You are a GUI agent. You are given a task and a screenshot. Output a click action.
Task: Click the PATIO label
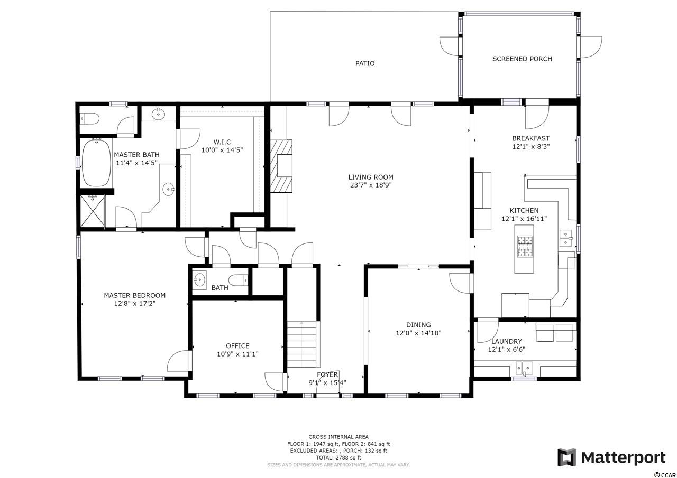click(x=365, y=63)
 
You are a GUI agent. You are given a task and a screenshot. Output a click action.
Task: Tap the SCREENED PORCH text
click(x=522, y=59)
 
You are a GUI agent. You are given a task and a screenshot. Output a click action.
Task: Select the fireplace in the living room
click(x=281, y=166)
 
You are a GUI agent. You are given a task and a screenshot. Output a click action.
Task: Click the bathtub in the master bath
click(x=96, y=163)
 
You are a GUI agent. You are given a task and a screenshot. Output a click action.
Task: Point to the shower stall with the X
click(x=93, y=211)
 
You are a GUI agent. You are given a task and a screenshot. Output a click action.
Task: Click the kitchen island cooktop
click(x=524, y=247)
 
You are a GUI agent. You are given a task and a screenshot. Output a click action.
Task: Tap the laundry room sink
click(x=524, y=368)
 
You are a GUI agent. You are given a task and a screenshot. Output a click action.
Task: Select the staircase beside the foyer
click(x=301, y=344)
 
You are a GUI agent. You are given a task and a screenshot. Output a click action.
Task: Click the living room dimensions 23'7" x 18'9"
click(x=371, y=185)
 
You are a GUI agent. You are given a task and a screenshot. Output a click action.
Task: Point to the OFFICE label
click(x=237, y=346)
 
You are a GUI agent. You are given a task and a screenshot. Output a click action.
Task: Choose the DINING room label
click(x=418, y=325)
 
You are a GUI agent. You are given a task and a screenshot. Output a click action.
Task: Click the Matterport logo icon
click(x=566, y=458)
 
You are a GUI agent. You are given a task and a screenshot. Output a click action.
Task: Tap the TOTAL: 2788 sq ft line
click(x=338, y=457)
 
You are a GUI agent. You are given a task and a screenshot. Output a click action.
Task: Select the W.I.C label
click(x=222, y=142)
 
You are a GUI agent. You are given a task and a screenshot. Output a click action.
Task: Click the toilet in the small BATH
click(x=238, y=280)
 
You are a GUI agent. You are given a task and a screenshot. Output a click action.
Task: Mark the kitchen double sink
click(x=565, y=238)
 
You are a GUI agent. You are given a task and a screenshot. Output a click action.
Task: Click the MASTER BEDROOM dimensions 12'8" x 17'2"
click(x=135, y=303)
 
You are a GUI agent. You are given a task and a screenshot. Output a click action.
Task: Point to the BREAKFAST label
click(x=530, y=138)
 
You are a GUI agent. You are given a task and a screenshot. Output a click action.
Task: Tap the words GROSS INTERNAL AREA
click(x=338, y=437)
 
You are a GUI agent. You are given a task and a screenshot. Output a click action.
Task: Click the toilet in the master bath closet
click(x=89, y=119)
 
